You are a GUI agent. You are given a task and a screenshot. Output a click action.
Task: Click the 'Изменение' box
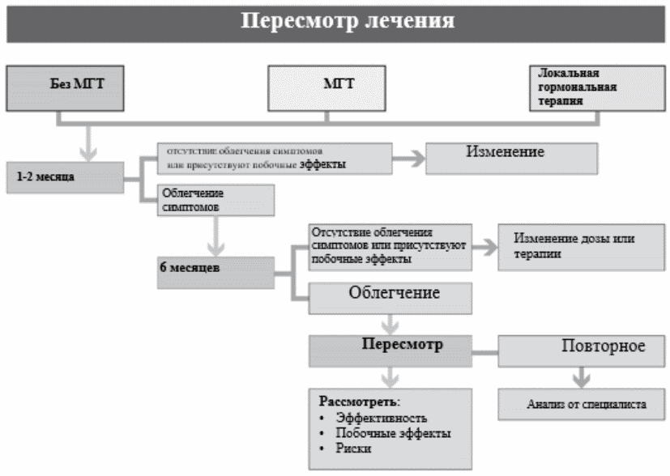[x=510, y=156]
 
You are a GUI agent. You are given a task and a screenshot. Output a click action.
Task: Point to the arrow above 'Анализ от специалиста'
[x=580, y=376]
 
